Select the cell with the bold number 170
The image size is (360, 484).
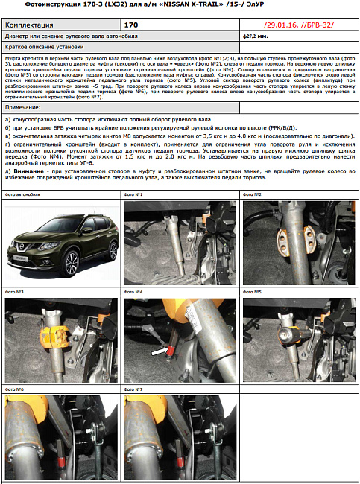(x=131, y=25)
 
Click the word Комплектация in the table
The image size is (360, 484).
(x=29, y=25)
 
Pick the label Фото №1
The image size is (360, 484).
(x=133, y=194)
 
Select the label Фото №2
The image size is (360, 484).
(x=253, y=194)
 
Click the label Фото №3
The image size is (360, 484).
(x=14, y=292)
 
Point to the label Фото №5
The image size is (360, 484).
(x=253, y=292)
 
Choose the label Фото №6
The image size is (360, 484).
(x=14, y=389)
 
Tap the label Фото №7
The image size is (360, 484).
(x=133, y=389)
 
